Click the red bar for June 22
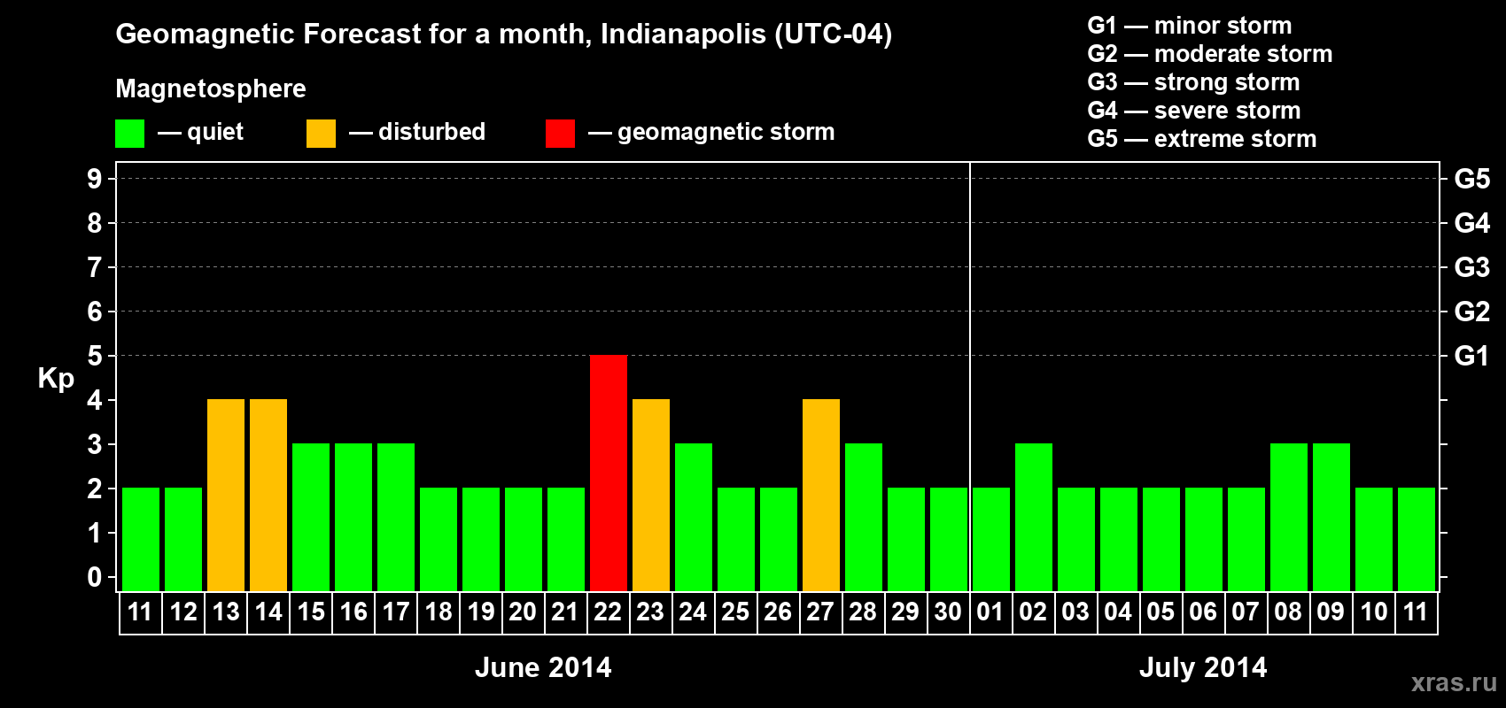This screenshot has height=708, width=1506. [609, 473]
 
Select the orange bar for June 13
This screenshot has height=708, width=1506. [226, 495]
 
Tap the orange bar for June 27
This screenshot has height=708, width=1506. [821, 495]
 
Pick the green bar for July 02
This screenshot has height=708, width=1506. [1034, 517]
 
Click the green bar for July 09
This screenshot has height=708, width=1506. [1331, 517]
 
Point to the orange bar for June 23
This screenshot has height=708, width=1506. [651, 495]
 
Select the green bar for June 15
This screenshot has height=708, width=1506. [311, 517]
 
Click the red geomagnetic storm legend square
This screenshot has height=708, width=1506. [560, 134]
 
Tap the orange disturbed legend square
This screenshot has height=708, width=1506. [321, 134]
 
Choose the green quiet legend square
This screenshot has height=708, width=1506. [129, 134]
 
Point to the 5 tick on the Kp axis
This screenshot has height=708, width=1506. [95, 356]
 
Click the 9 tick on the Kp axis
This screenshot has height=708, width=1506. [95, 179]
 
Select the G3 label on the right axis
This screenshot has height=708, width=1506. [1471, 267]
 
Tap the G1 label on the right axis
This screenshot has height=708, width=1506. [1471, 356]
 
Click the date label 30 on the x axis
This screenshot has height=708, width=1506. [948, 612]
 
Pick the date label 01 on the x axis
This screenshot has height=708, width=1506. [990, 612]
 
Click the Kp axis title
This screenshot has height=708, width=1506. [56, 378]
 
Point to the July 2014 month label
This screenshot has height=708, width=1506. [1203, 667]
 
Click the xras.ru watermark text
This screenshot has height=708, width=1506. [1454, 682]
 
